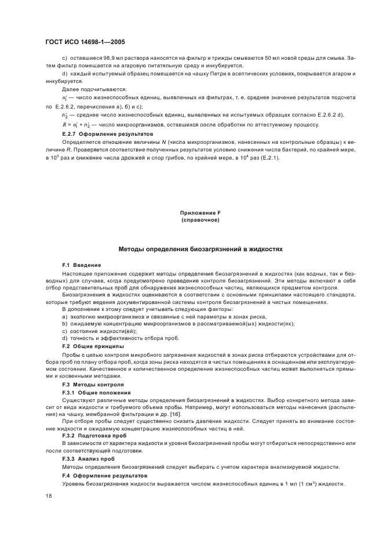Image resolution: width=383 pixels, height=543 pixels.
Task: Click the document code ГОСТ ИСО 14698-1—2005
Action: (x=85, y=42)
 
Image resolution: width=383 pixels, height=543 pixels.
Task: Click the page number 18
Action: (x=48, y=495)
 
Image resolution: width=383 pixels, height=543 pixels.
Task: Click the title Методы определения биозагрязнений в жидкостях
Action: (x=200, y=248)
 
